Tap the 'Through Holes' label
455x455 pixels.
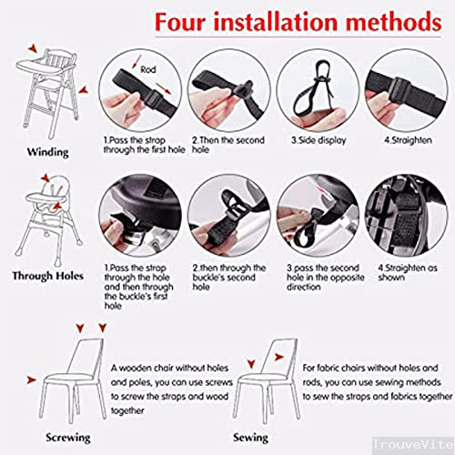(47, 274)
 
